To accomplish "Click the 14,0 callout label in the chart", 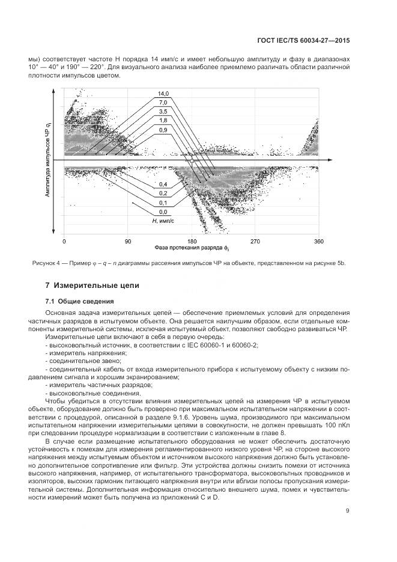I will point(163,93).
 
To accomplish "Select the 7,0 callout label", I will point(163,103).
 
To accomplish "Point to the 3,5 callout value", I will point(163,112).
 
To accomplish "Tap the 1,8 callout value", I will point(163,121).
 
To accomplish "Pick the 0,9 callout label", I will point(163,130).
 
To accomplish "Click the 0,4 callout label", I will point(163,184).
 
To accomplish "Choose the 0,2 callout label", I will point(163,193).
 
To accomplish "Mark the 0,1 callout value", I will point(163,203).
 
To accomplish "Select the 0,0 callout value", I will point(163,212).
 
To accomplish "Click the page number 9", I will point(348,511).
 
